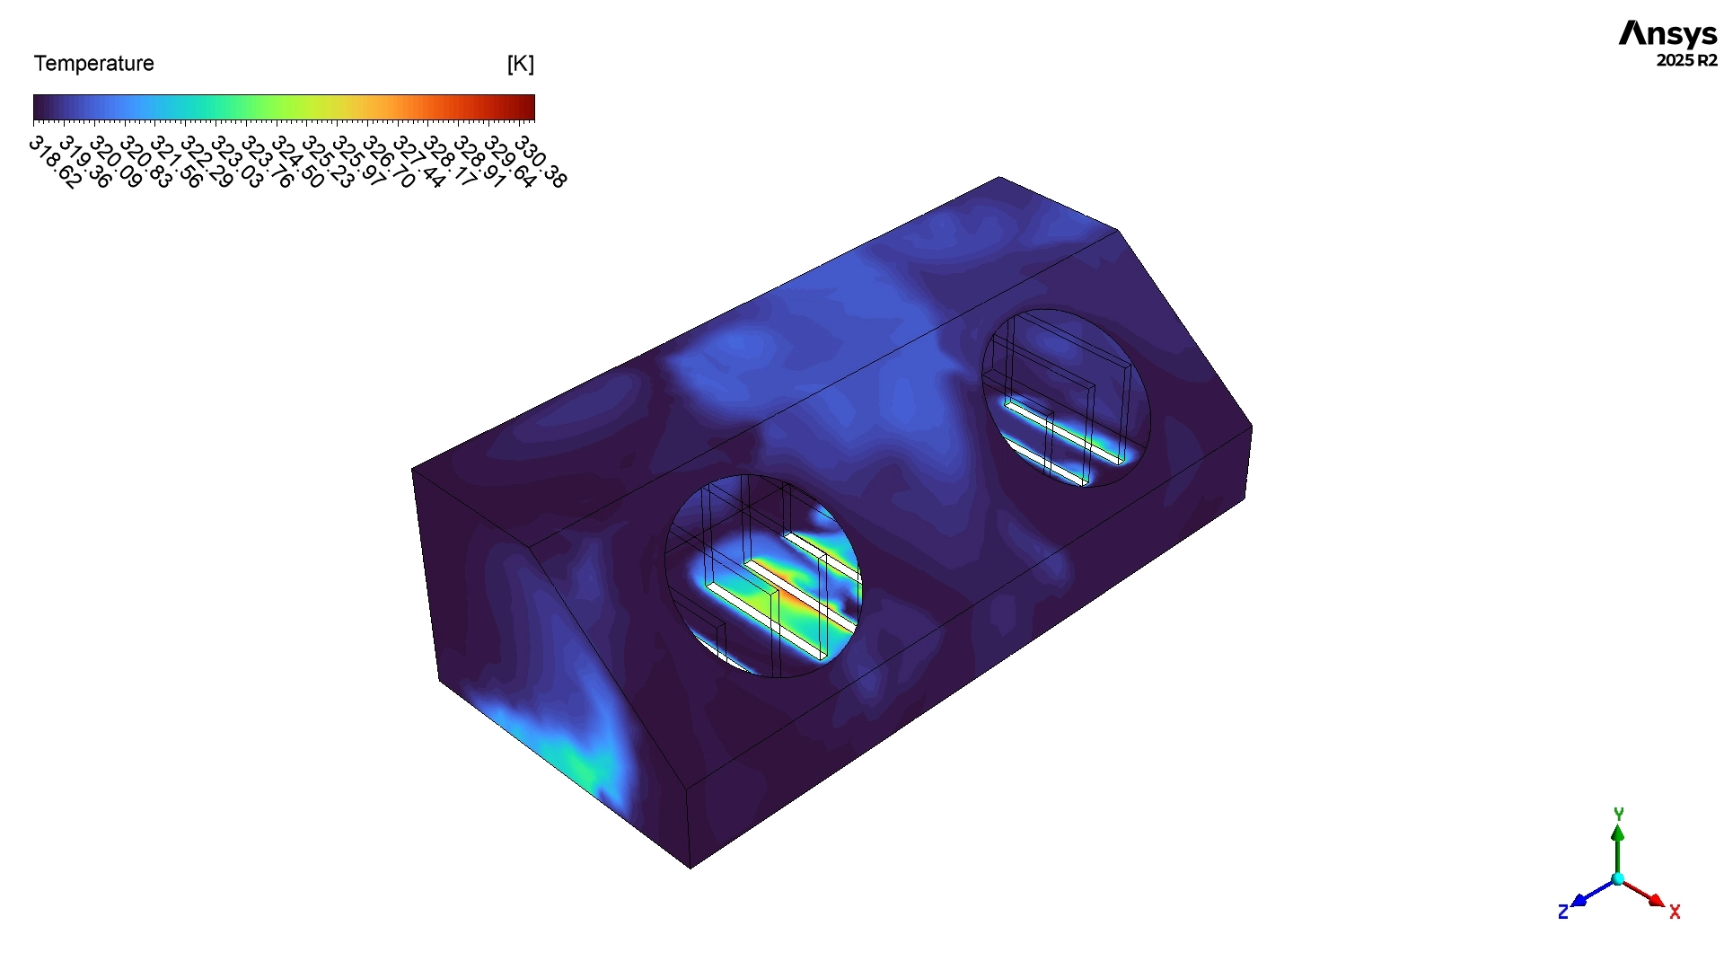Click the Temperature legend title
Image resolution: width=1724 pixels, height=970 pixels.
click(93, 64)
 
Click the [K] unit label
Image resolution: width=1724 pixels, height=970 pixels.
click(520, 64)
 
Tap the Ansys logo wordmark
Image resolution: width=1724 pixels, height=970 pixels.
click(1667, 34)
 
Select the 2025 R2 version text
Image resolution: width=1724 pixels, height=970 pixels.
click(1686, 60)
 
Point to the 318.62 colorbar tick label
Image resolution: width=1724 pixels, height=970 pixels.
click(55, 162)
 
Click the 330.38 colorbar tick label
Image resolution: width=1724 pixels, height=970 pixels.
click(540, 162)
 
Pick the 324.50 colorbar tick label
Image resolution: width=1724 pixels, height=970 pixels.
click(297, 162)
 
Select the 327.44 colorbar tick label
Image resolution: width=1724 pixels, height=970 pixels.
click(418, 162)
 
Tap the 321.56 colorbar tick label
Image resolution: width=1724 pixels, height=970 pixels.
click(176, 162)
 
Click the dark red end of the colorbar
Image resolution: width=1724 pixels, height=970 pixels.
click(528, 108)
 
